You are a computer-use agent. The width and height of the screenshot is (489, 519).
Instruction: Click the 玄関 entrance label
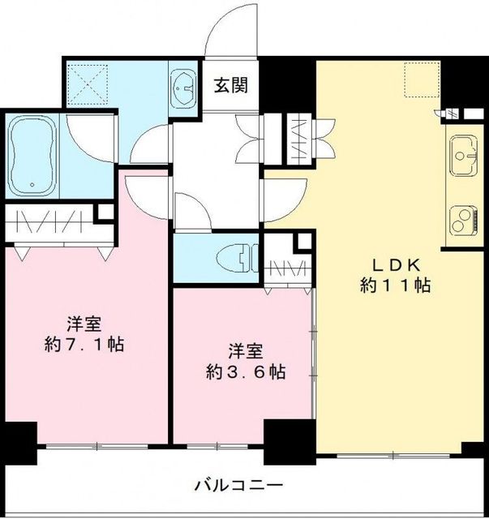231,84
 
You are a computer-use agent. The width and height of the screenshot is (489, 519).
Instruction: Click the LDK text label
396,264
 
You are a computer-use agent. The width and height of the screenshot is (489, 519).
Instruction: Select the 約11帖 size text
396,285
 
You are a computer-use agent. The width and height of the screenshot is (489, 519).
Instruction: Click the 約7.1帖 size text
84,343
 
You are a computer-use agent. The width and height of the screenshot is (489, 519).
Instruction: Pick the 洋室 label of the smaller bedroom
245,351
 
